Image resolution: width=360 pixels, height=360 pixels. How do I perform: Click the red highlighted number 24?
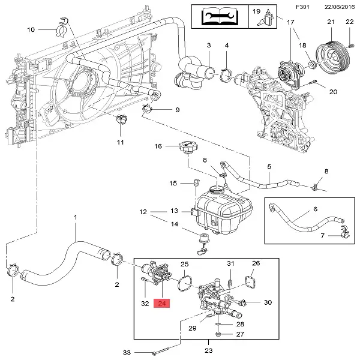[x=162, y=303]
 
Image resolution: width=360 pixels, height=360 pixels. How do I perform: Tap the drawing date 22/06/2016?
[x=340, y=7]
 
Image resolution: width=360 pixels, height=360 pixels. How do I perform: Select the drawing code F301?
[x=302, y=7]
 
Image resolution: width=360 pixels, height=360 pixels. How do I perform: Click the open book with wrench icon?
[x=220, y=16]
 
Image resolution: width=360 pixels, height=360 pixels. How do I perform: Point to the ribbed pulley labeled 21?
[x=332, y=58]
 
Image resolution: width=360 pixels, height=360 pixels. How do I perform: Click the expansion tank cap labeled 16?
[x=188, y=148]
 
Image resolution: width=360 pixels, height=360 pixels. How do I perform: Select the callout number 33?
[x=127, y=352]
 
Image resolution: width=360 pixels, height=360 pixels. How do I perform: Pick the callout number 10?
[x=31, y=29]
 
